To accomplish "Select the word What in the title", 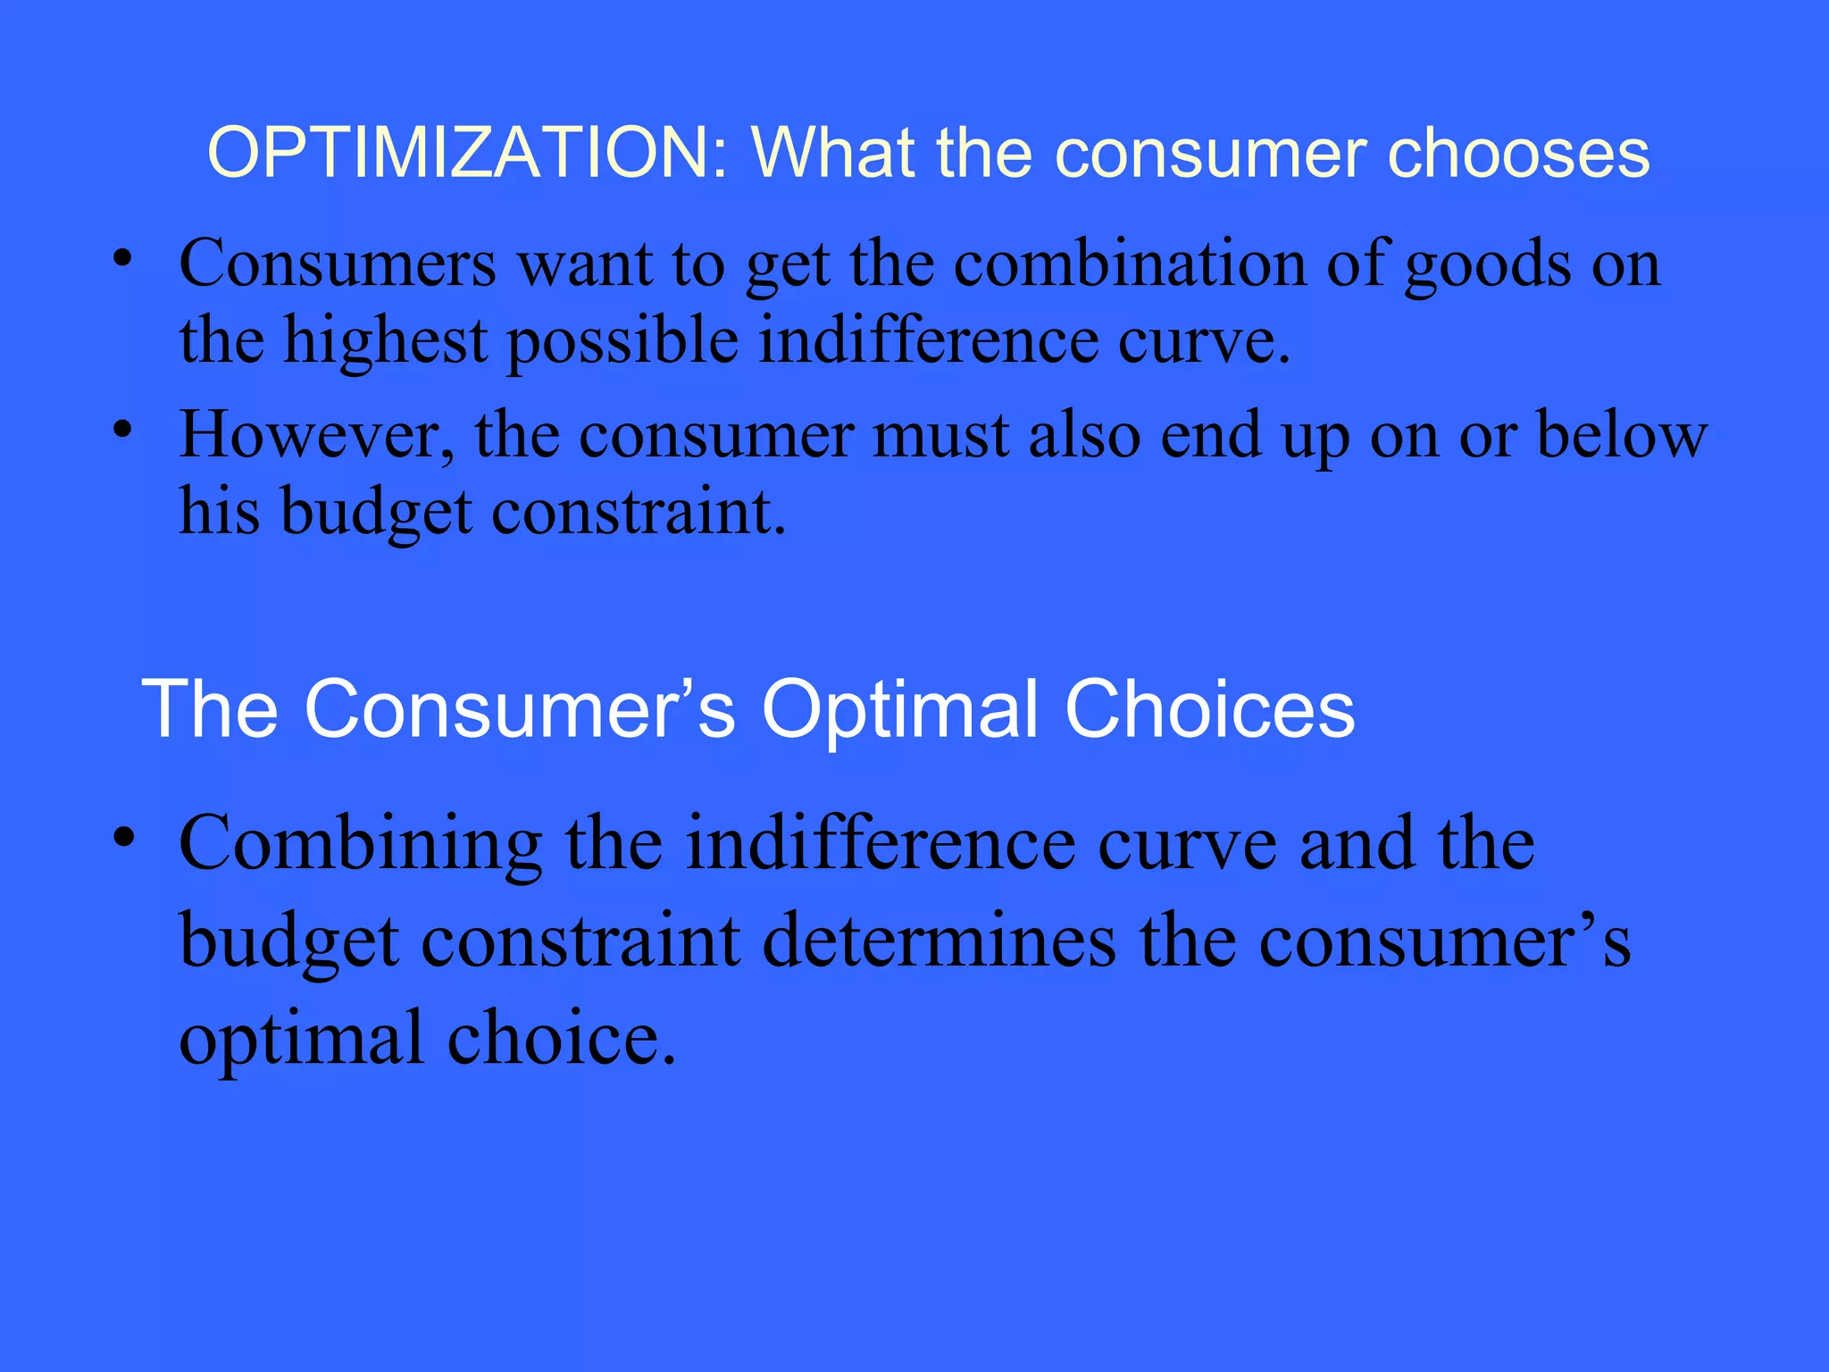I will [x=833, y=153].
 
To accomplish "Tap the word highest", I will [x=386, y=343].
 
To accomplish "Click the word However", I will [x=317, y=436].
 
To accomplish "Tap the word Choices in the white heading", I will [x=1210, y=709].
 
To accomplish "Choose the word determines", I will [x=940, y=941].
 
